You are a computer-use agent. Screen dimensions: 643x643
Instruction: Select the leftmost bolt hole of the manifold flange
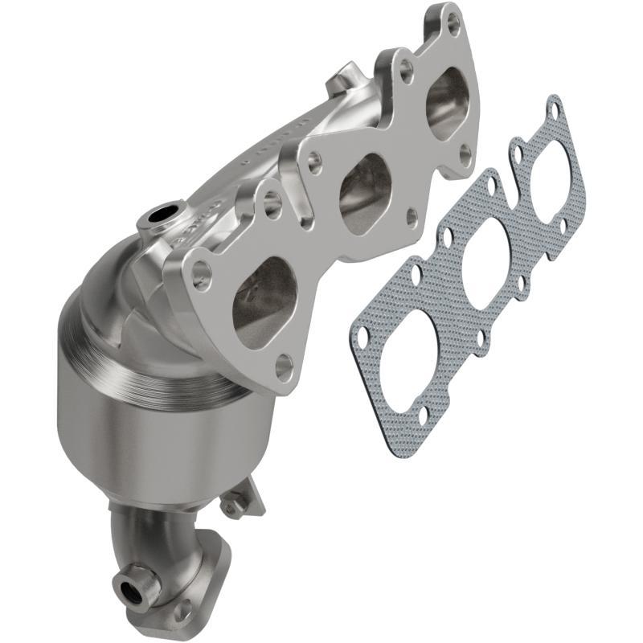coord(201,277)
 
